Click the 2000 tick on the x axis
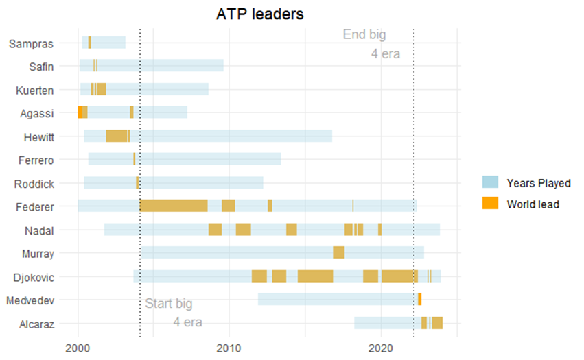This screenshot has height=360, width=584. coord(78,346)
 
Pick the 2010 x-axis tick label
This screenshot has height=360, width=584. coord(229,346)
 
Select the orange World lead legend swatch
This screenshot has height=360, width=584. coord(490,204)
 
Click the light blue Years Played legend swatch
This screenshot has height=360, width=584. coord(490,182)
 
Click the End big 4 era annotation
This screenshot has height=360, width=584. coord(370,43)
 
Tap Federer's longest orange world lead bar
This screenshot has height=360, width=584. coord(174,206)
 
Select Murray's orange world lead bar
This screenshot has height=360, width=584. coord(338,253)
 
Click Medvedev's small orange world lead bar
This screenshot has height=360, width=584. coord(419,300)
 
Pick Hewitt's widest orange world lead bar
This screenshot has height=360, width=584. coord(117,136)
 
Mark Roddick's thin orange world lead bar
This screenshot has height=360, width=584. coord(137,182)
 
